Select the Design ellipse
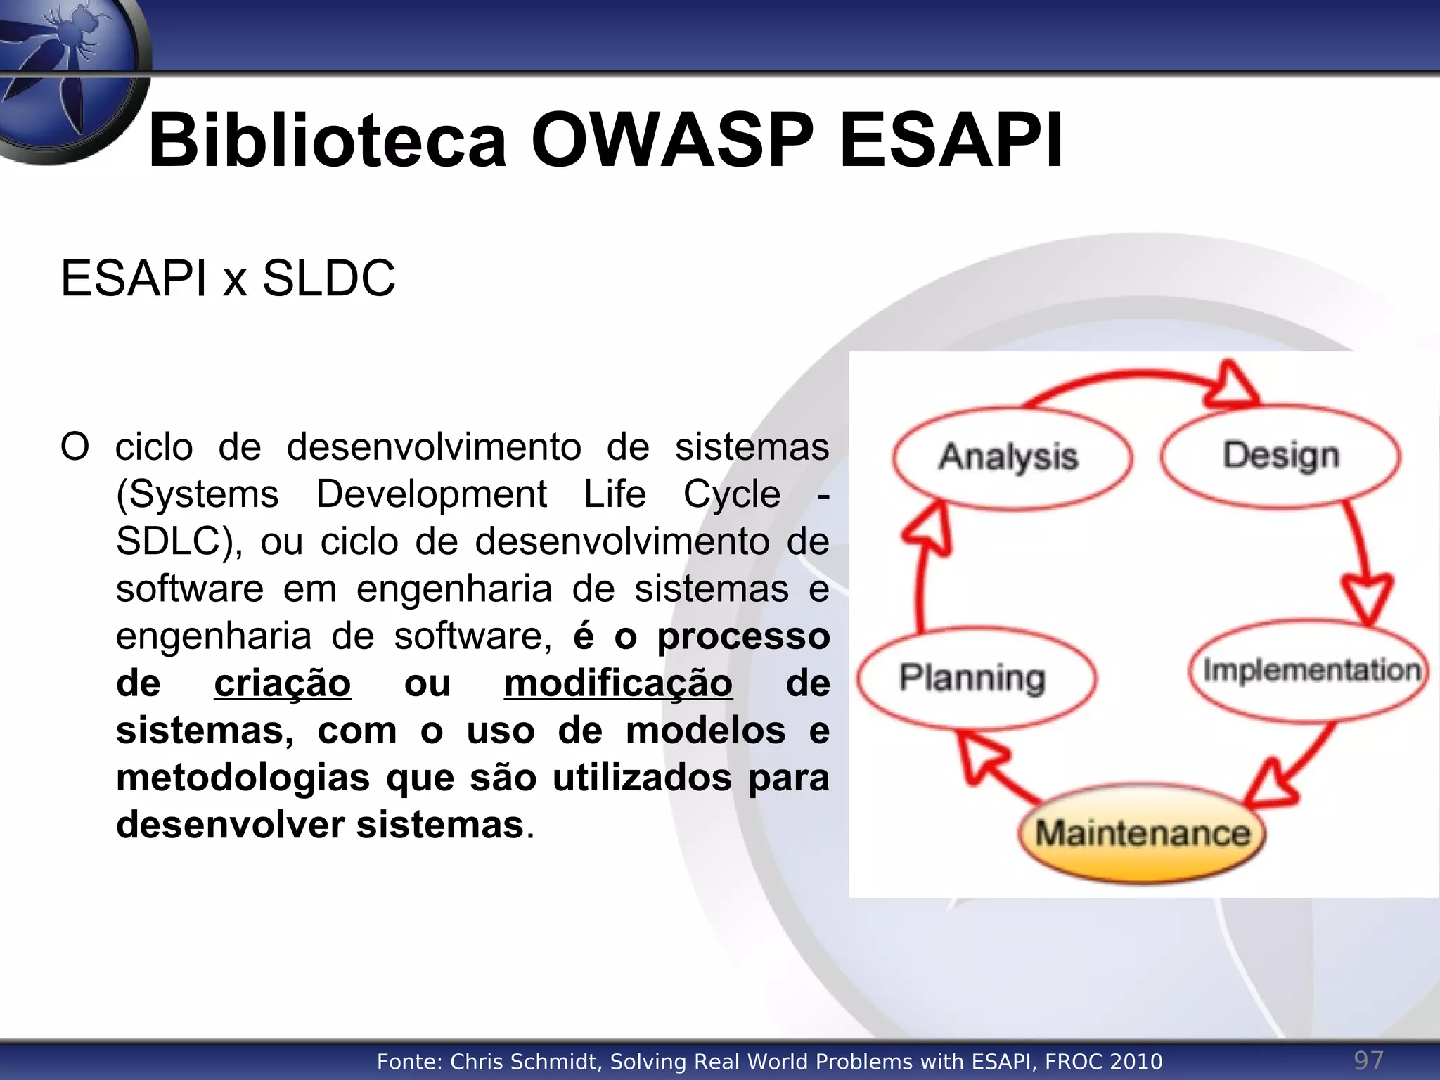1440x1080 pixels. (x=1281, y=456)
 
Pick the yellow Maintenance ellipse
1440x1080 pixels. (x=1142, y=834)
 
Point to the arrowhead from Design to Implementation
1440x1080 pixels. (x=1367, y=598)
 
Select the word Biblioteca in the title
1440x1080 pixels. (x=328, y=140)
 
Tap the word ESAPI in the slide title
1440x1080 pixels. (x=951, y=140)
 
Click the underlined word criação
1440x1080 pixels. (x=282, y=683)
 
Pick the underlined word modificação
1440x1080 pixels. (x=618, y=683)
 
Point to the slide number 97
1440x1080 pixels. (x=1368, y=1060)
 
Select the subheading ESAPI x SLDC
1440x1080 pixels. (x=228, y=278)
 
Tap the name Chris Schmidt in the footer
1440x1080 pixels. (x=525, y=1062)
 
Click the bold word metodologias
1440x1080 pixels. (x=243, y=778)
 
